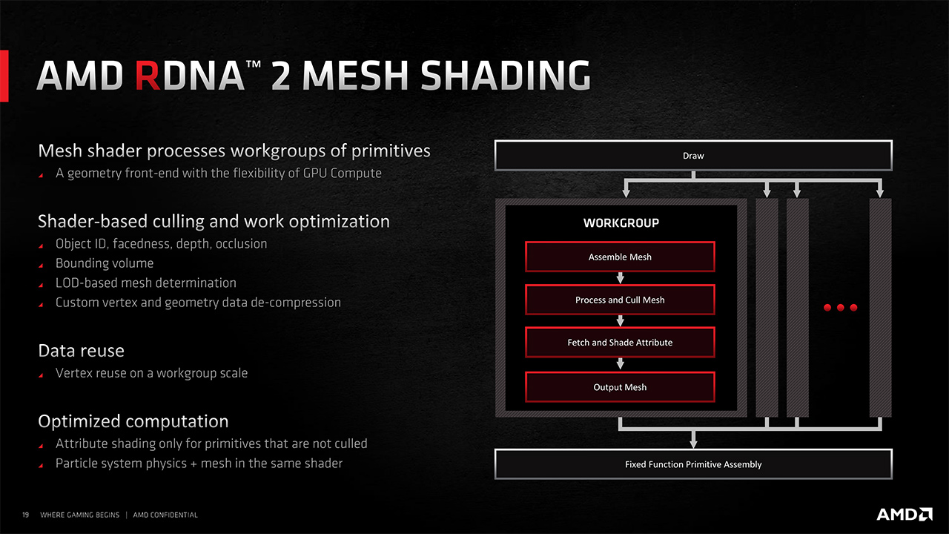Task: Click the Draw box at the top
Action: pyautogui.click(x=693, y=156)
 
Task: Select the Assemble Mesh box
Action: pyautogui.click(x=620, y=257)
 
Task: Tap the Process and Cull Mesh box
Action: pyautogui.click(x=620, y=300)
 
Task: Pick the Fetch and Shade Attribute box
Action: pyautogui.click(x=620, y=343)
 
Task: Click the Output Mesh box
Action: pyautogui.click(x=620, y=387)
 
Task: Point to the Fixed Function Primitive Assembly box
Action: pyautogui.click(x=693, y=464)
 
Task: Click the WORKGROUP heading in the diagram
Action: pyautogui.click(x=621, y=222)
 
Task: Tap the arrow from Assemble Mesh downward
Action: pyautogui.click(x=621, y=278)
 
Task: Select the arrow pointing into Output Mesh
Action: pyautogui.click(x=621, y=364)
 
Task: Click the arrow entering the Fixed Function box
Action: pyautogui.click(x=693, y=442)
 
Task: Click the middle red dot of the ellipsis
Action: pyautogui.click(x=841, y=308)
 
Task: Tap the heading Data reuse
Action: pyautogui.click(x=81, y=350)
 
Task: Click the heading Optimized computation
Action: pyautogui.click(x=133, y=421)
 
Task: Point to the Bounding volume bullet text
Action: pyautogui.click(x=105, y=263)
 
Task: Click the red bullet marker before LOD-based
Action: pyautogui.click(x=41, y=285)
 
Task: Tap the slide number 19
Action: pyautogui.click(x=25, y=515)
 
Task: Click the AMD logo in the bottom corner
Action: pyautogui.click(x=905, y=514)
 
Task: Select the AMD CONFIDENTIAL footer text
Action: pyautogui.click(x=165, y=515)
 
